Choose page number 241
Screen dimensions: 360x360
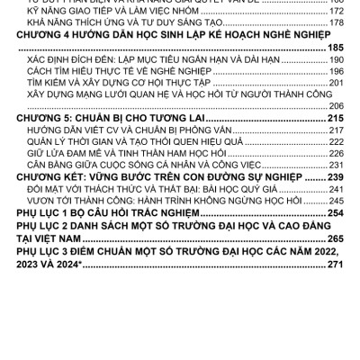point(335,203)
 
